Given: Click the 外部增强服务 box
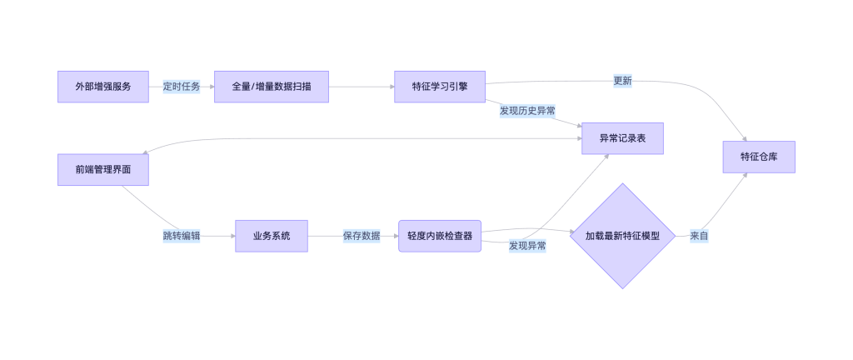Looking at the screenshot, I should pos(103,87).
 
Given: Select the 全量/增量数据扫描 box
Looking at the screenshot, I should pos(272,87).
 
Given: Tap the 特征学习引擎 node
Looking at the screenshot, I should pos(440,87).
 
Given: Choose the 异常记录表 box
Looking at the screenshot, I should pos(622,138).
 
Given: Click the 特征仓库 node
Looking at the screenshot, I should pos(759,157).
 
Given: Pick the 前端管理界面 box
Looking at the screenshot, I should pos(103,169).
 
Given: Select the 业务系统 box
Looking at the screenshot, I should pos(272,236).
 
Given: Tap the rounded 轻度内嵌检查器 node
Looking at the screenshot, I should pos(440,236).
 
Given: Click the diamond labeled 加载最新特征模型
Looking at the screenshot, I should pos(622,236).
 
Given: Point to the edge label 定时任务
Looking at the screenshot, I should pos(182,87).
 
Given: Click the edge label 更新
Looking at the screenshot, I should pos(622,81).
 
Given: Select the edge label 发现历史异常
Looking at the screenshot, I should pos(527,110).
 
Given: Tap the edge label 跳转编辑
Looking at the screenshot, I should pos(182,236).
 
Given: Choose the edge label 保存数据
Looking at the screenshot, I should pos(362,236).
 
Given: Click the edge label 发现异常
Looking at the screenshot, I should pos(527,246).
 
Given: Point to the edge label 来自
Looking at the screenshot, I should pos(699,236).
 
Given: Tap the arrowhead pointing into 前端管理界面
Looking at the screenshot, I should pos(145,152).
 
